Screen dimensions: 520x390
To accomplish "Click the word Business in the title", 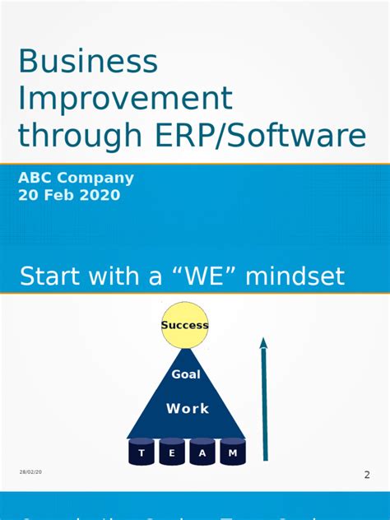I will pos(88,62).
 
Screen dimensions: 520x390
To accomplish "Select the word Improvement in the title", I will pos(126,99).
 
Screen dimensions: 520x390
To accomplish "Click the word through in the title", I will pos(94,136).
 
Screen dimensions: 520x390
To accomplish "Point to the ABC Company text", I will pos(76,178).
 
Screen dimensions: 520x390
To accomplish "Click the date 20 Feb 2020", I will pos(69,195).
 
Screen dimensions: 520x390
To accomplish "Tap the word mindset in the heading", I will pos(295,276).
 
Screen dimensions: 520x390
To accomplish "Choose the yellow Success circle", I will pos(185,325).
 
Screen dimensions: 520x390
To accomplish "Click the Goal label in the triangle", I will pos(186,374).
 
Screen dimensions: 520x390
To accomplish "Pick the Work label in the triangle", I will pos(188,408).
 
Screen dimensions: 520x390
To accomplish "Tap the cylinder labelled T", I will pos(142,453).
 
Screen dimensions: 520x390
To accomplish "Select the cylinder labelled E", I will pos(172,453).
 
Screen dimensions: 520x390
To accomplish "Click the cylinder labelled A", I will pos(202,453).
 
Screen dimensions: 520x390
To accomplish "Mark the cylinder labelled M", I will pos(233,453).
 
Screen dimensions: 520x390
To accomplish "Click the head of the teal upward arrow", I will pos(263,343).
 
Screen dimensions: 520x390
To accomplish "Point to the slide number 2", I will pos(367,474).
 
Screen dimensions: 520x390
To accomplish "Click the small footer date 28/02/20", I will pos(31,471).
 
